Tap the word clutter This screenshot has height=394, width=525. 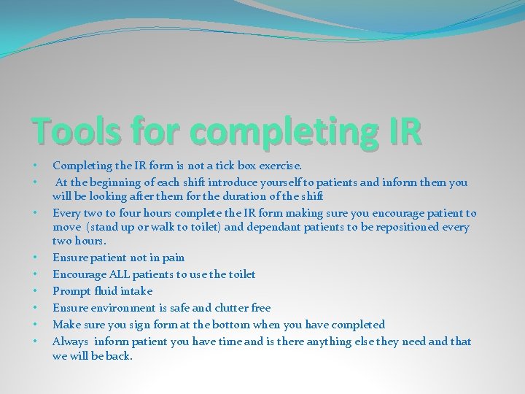[229, 308]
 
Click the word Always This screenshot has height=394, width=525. [70, 341]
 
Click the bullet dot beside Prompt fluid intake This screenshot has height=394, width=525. [34, 291]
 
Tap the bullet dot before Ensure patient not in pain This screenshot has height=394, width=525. [34, 258]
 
